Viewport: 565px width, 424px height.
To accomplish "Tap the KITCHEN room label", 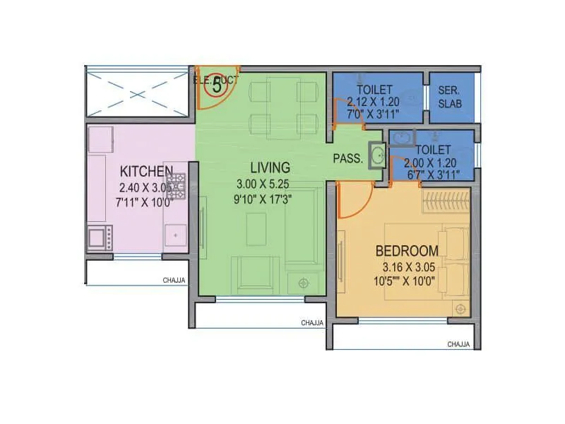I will click(x=146, y=171).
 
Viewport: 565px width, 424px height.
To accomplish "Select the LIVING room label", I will click(x=270, y=167).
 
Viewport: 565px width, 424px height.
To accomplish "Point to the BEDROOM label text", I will click(x=407, y=251).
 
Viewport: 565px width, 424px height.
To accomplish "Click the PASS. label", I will click(x=348, y=159).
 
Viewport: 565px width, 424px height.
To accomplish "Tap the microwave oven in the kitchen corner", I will click(x=99, y=238).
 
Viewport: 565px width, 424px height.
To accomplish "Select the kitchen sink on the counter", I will click(x=174, y=236).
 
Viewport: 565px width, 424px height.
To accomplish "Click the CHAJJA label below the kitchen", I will click(x=174, y=281).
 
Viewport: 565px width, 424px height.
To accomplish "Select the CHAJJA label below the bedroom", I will click(x=458, y=344).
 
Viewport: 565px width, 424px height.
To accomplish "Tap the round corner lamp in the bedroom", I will click(x=461, y=309).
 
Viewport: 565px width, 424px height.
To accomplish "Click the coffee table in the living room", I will click(x=256, y=229).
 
